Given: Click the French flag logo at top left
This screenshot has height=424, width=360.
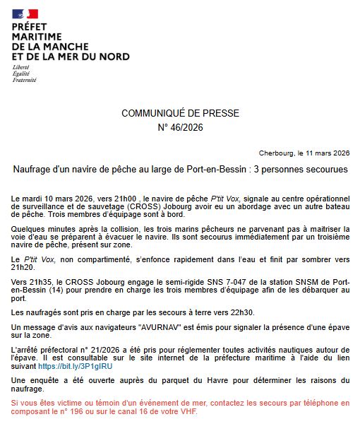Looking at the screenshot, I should (x=25, y=13).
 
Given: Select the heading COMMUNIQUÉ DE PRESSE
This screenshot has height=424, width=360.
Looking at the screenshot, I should (x=180, y=113).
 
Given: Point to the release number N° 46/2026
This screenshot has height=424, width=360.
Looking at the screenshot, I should (x=180, y=128).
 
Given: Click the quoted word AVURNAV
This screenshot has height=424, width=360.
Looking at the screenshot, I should (x=173, y=327).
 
